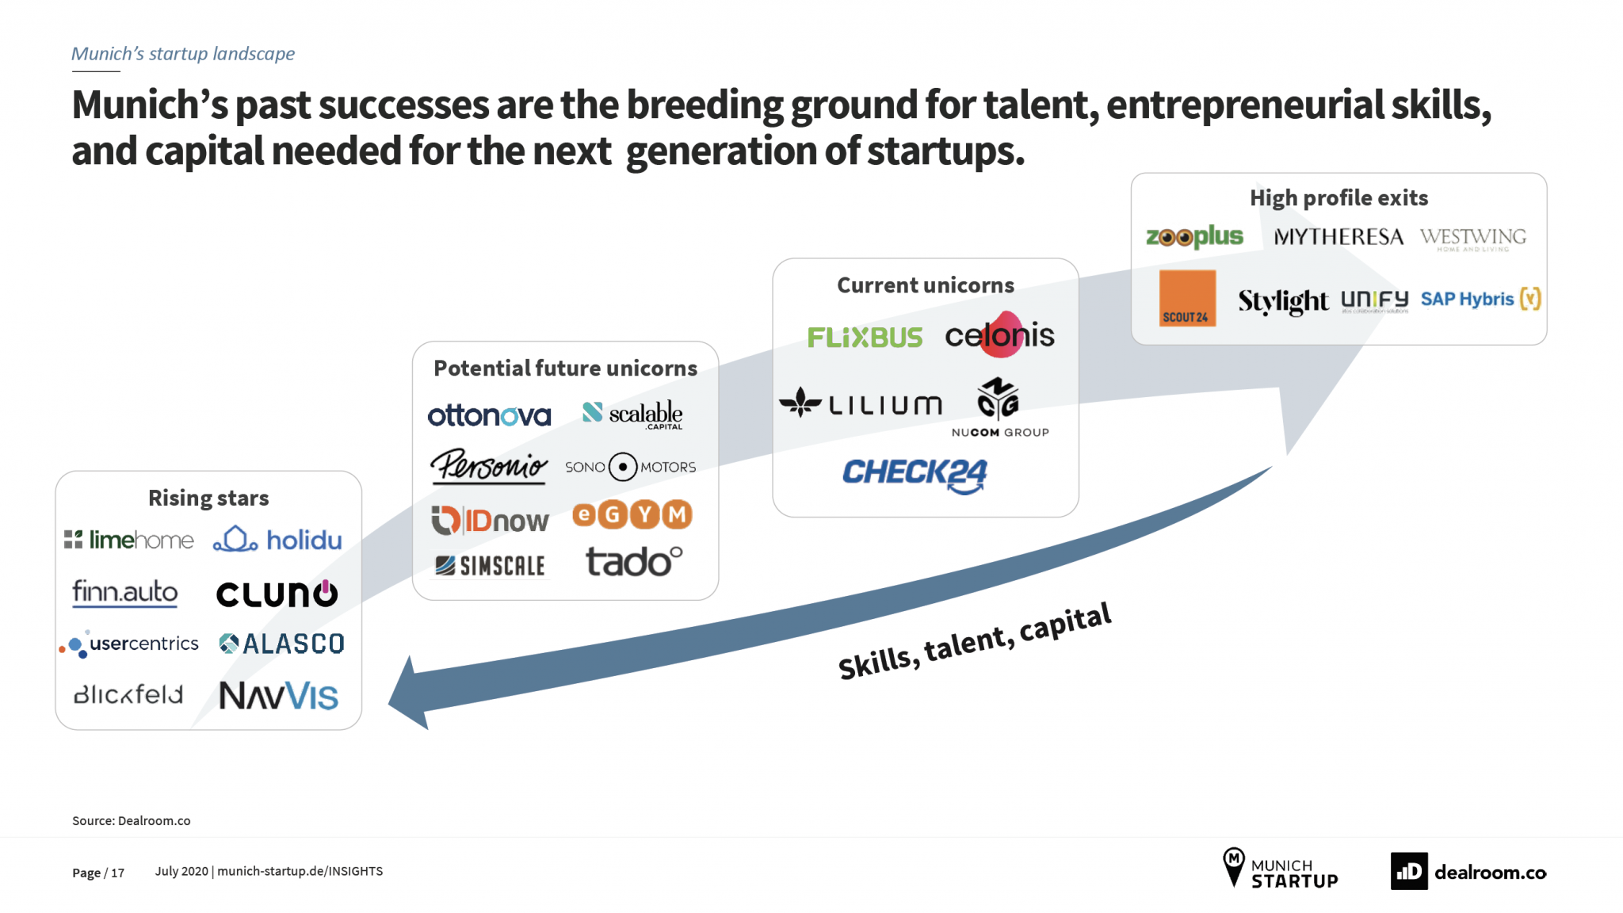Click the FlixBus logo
click(x=865, y=338)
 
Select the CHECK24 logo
click(x=915, y=476)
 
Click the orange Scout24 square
click(x=1187, y=298)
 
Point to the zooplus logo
click(x=1194, y=237)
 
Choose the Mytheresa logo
click(x=1338, y=237)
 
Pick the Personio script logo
click(x=489, y=466)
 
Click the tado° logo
click(x=634, y=562)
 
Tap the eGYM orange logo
click(x=632, y=515)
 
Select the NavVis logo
click(x=278, y=696)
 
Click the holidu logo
click(x=277, y=540)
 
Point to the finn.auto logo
click(x=125, y=593)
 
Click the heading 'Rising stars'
click(x=208, y=498)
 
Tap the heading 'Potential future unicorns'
click(x=566, y=369)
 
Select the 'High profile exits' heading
click(x=1339, y=198)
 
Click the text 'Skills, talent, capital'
click(x=975, y=641)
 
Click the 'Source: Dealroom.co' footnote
click(x=132, y=821)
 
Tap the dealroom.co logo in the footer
click(x=1468, y=872)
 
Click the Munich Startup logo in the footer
click(x=1280, y=869)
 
